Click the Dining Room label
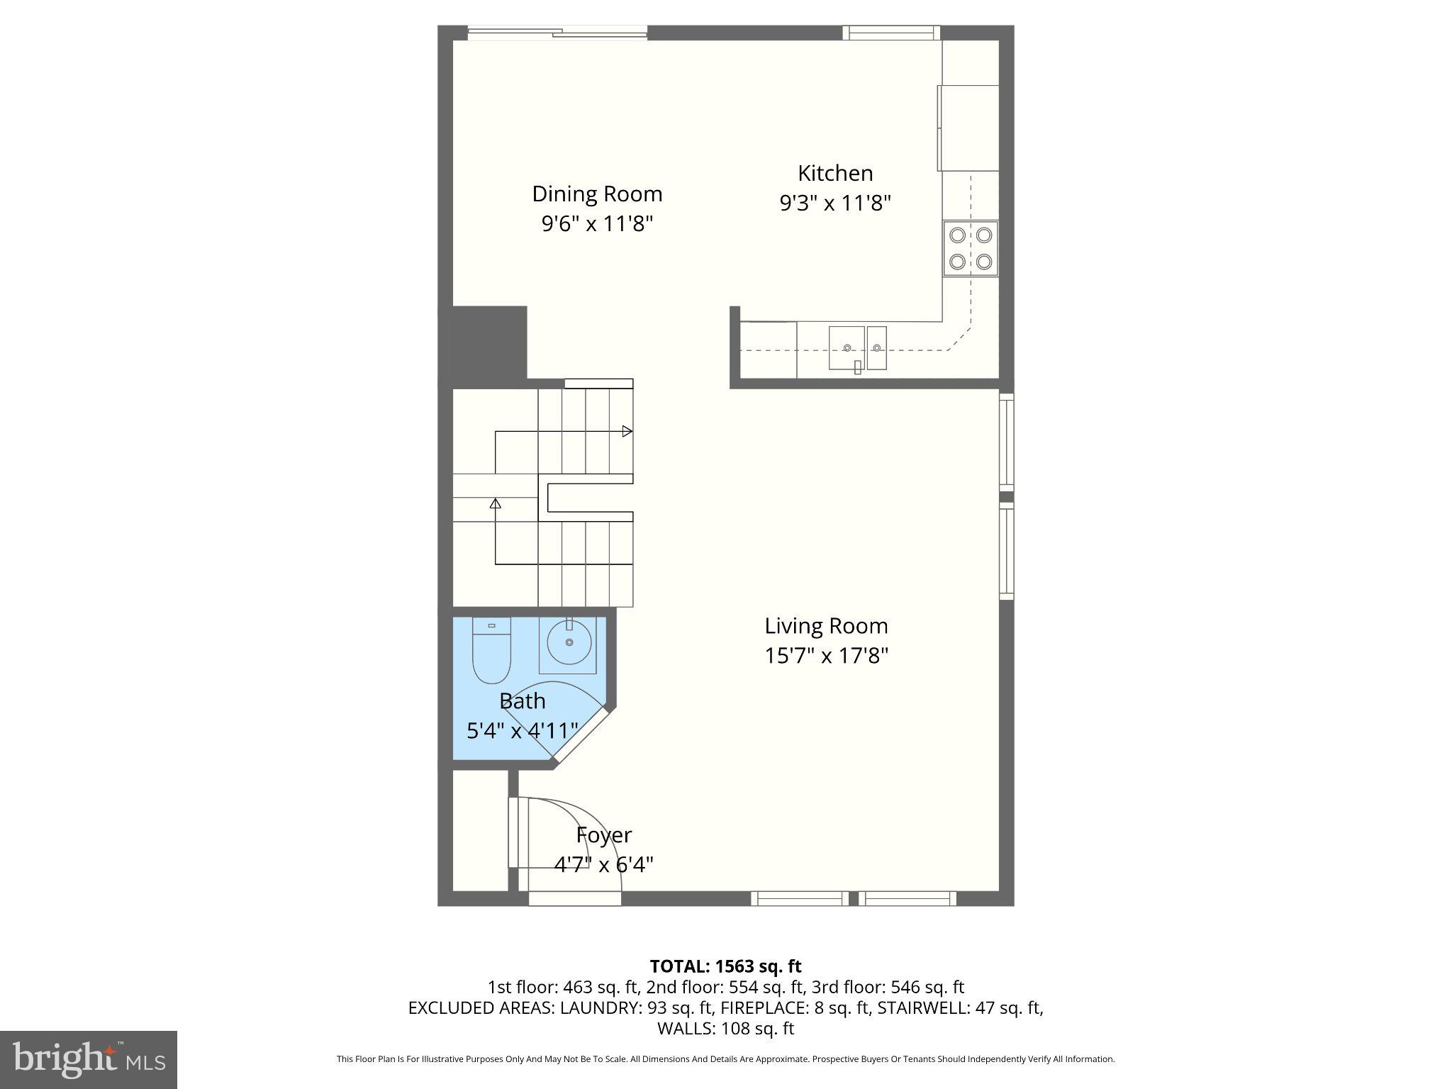click(x=597, y=194)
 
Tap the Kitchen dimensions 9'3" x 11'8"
click(x=834, y=203)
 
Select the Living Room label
click(x=826, y=626)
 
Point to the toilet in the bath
click(x=491, y=649)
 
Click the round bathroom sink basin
click(x=569, y=642)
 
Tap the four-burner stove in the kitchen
click(x=970, y=249)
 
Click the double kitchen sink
click(x=858, y=347)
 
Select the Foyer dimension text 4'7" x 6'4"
click(x=603, y=865)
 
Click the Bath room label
click(x=523, y=701)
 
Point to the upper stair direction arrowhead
click(x=627, y=431)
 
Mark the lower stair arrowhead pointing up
click(x=496, y=503)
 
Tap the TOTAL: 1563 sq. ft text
click(x=725, y=966)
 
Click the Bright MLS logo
click(x=89, y=1059)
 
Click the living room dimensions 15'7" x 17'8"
click(x=826, y=656)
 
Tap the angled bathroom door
click(x=581, y=735)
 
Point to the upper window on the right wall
click(x=1006, y=441)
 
